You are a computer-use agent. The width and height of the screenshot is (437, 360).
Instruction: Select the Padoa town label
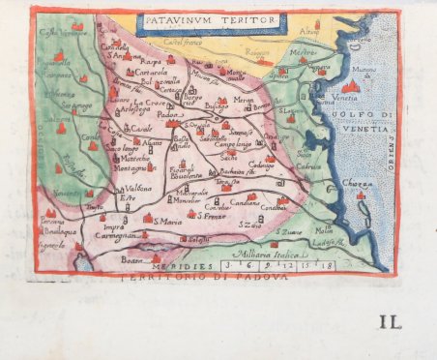[168, 114]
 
